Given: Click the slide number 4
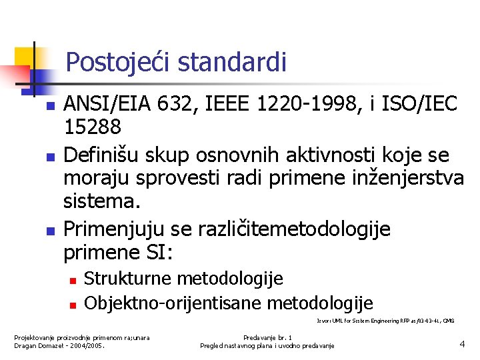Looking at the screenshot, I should click(461, 344).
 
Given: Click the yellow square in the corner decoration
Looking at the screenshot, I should click(25, 59).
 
